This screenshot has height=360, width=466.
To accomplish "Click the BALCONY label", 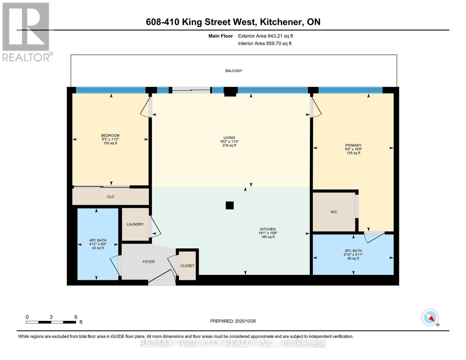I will click(x=233, y=71).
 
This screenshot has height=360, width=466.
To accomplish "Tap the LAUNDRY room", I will click(x=135, y=224).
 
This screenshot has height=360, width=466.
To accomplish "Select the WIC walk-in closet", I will click(x=334, y=212).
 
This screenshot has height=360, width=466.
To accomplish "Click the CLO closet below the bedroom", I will click(x=110, y=196).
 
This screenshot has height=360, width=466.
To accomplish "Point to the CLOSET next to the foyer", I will click(x=187, y=265).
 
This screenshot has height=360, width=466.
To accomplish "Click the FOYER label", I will click(x=149, y=262).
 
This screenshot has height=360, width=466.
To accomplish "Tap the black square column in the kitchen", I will click(x=230, y=205).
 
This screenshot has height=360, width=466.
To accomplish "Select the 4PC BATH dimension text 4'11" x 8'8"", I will click(x=98, y=244).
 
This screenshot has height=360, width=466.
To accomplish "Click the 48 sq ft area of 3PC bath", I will click(x=353, y=258).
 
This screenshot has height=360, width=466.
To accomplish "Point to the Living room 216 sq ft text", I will click(x=229, y=145).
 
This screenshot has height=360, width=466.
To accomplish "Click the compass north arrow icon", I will click(x=430, y=317).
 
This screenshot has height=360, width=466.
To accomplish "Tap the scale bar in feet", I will click(x=51, y=322).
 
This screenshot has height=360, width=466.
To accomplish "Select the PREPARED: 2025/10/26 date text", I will click(x=233, y=321).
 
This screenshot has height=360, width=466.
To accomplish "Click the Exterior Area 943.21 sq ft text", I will click(x=265, y=36).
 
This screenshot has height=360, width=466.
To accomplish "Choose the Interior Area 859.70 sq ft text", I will click(x=265, y=43).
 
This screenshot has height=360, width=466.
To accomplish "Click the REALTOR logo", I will click(x=26, y=31).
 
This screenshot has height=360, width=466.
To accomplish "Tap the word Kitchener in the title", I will click(x=281, y=22).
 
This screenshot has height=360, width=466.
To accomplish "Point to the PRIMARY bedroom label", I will click(x=353, y=145).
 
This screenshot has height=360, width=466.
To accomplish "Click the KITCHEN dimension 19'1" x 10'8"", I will click(x=268, y=233).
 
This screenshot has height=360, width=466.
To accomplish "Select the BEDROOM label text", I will click(x=110, y=135).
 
